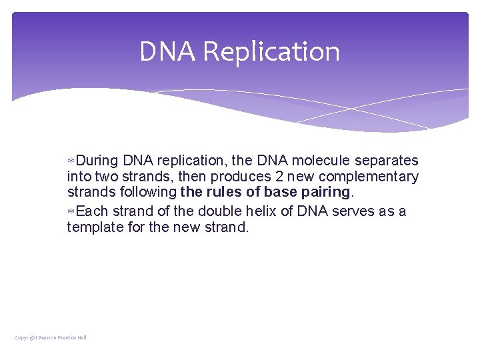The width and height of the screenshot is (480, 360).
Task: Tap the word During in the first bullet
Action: click(97, 161)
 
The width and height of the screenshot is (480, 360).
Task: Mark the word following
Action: click(145, 193)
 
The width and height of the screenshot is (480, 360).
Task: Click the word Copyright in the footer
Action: click(25, 337)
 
